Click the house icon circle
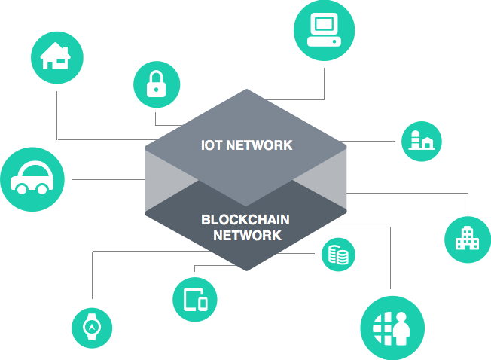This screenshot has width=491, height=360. click(x=57, y=57)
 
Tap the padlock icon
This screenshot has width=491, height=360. click(x=156, y=84)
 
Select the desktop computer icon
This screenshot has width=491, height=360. click(x=324, y=29)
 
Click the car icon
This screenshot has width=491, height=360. click(x=32, y=178)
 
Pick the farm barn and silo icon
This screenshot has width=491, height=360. click(x=422, y=140)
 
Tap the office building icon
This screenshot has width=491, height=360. click(x=467, y=238)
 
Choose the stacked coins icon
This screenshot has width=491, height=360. click(x=338, y=255)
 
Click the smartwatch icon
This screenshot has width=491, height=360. click(x=92, y=327)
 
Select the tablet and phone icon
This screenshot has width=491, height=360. click(x=196, y=299)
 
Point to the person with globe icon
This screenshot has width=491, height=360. click(x=392, y=328)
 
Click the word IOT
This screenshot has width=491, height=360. click(x=212, y=145)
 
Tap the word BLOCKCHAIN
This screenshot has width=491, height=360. click(x=245, y=220)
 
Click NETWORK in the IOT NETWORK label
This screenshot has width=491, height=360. click(x=259, y=145)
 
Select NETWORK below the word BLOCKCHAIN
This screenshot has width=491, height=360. click(x=247, y=236)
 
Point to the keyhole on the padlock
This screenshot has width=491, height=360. click(x=156, y=90)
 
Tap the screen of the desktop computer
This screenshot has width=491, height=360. click(x=324, y=23)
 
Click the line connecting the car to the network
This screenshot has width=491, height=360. click(x=108, y=180)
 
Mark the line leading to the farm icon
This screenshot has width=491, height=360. click(x=367, y=141)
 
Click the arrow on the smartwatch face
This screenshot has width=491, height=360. click(x=92, y=327)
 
